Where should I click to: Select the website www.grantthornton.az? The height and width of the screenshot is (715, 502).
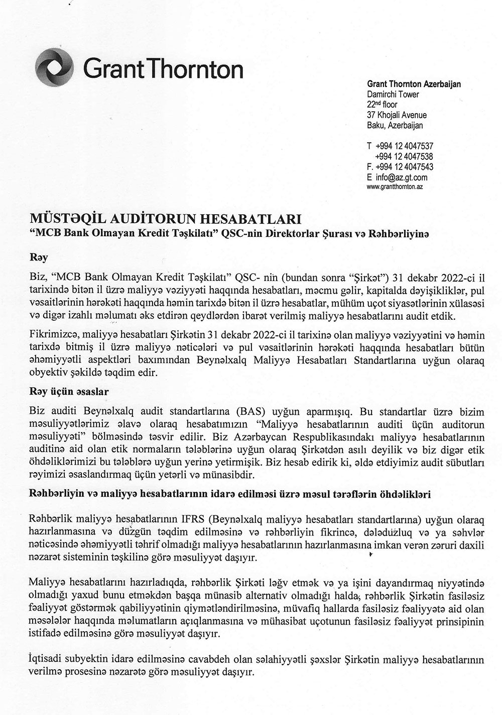click(x=395, y=187)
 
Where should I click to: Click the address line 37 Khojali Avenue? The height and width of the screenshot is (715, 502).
click(x=397, y=115)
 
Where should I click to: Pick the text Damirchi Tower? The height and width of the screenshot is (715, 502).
click(x=393, y=94)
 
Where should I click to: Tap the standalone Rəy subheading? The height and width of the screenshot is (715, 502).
click(x=40, y=257)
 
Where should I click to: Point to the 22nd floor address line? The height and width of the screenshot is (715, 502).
click(x=382, y=104)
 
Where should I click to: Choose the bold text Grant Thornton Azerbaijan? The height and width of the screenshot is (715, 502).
click(x=414, y=84)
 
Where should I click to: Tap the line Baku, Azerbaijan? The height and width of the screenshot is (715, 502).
click(x=395, y=125)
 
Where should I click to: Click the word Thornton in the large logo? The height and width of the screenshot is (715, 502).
click(x=194, y=68)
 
